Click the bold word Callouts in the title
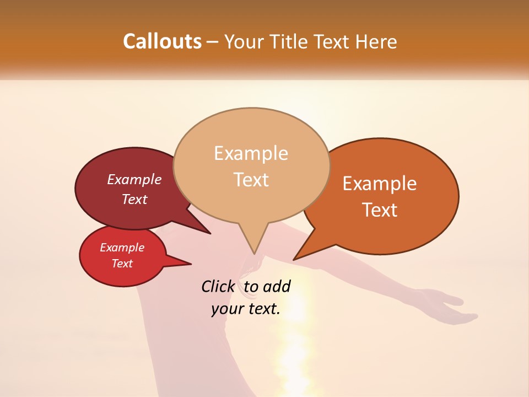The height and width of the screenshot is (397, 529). (162, 41)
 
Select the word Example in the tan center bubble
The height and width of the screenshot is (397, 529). (251, 153)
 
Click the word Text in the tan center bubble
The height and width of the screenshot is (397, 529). (251, 179)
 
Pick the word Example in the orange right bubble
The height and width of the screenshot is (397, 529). (380, 184)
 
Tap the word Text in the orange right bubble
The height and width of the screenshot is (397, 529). (380, 210)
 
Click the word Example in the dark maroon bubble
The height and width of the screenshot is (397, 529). (134, 179)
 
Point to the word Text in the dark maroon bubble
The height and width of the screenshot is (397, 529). (134, 199)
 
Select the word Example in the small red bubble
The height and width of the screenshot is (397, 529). (122, 248)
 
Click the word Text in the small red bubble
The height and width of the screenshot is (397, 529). (122, 264)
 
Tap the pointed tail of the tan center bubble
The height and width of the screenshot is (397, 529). (254, 251)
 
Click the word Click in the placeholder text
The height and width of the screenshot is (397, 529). (218, 286)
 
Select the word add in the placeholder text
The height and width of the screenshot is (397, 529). (277, 286)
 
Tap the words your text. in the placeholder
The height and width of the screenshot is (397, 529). (246, 309)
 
